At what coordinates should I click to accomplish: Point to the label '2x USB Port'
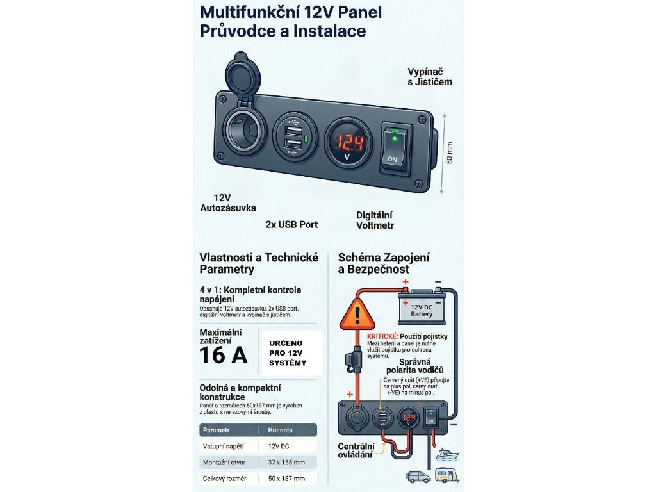[x=291, y=225]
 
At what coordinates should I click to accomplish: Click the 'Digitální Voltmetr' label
[x=375, y=220]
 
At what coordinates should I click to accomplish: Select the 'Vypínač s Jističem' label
[x=430, y=76]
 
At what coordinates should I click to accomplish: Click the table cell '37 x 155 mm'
[x=286, y=462]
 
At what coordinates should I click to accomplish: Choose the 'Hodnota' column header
[x=281, y=430]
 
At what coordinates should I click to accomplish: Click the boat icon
[x=447, y=455]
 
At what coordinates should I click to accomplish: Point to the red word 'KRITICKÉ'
[x=382, y=336]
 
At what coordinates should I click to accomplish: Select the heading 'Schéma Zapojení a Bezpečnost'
[x=384, y=263]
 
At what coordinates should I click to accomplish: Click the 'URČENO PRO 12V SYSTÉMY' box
[x=292, y=352]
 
